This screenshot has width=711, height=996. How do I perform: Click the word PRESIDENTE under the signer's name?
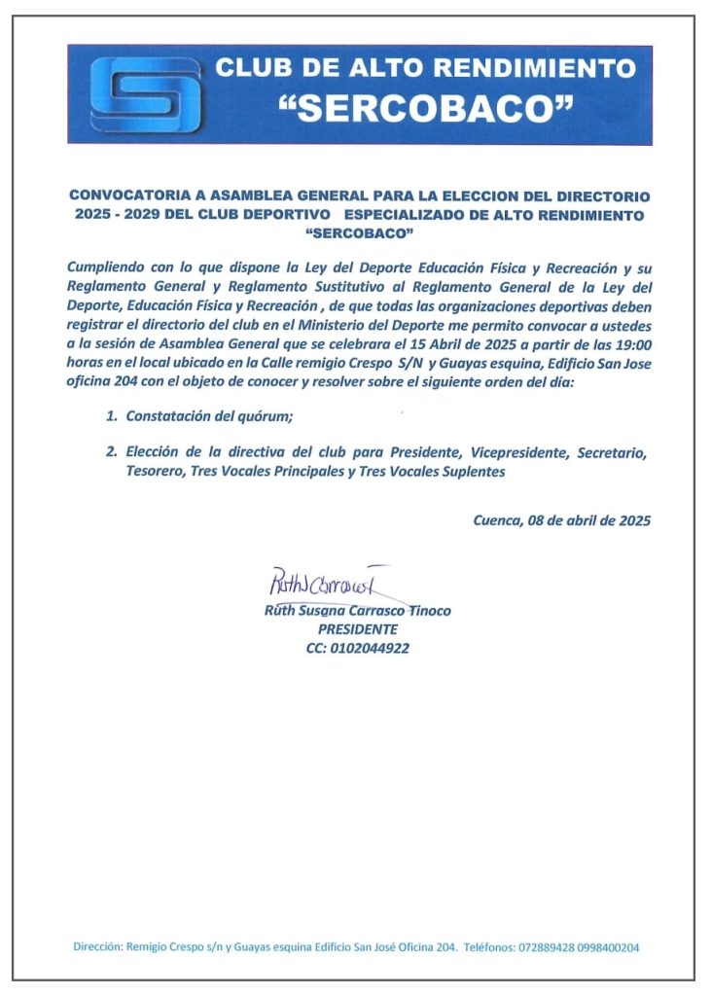(357, 629)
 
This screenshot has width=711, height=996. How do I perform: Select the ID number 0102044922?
(371, 648)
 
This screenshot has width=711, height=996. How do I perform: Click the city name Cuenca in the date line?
(496, 519)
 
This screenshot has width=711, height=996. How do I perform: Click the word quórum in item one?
(266, 416)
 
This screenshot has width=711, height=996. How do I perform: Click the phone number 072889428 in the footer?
(551, 946)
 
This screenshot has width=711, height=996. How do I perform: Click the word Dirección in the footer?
(98, 946)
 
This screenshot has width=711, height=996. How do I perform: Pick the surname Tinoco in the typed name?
(426, 611)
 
